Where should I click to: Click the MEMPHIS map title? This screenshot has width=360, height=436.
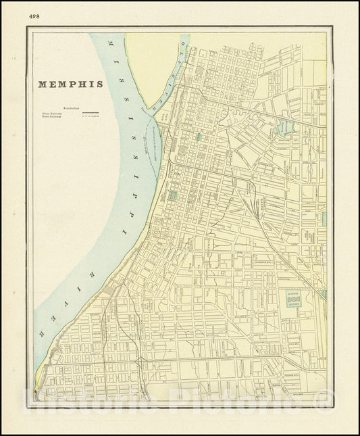tap(70, 84)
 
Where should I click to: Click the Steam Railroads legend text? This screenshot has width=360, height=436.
tap(52, 113)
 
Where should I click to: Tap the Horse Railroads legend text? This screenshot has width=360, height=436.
tap(52, 117)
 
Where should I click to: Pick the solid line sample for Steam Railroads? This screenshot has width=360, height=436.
tap(91, 113)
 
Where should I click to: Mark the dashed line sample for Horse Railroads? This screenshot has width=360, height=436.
tap(91, 117)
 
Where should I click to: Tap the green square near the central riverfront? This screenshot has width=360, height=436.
tap(172, 196)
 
